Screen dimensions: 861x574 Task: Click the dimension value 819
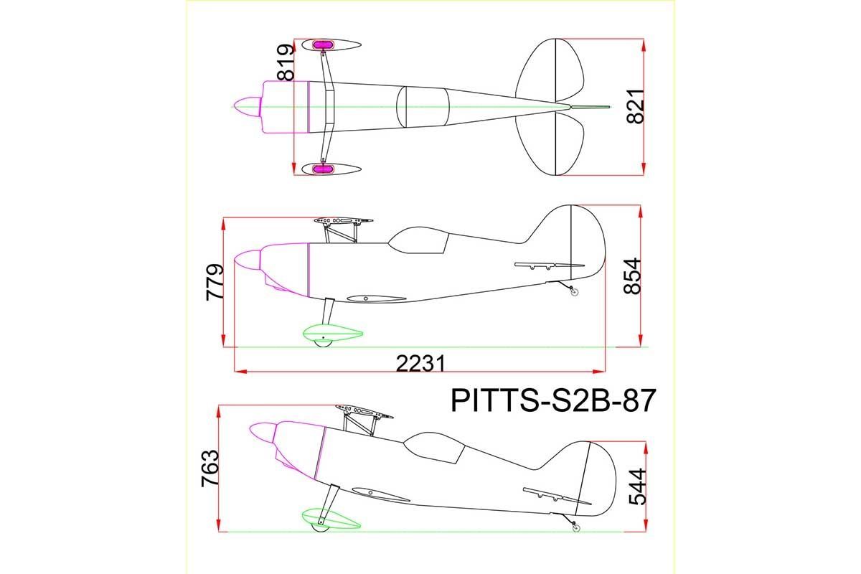tap(286, 62)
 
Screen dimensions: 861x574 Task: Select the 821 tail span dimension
tap(635, 106)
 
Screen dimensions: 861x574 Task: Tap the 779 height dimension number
tap(215, 282)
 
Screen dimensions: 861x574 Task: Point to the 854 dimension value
tap(632, 276)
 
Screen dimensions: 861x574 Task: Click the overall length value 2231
tap(420, 364)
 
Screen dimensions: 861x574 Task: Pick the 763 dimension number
tap(210, 469)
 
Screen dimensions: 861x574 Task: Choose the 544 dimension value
tap(637, 486)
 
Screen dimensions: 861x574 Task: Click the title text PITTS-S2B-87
tap(552, 401)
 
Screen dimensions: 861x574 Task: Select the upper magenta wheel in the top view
tap(322, 45)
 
